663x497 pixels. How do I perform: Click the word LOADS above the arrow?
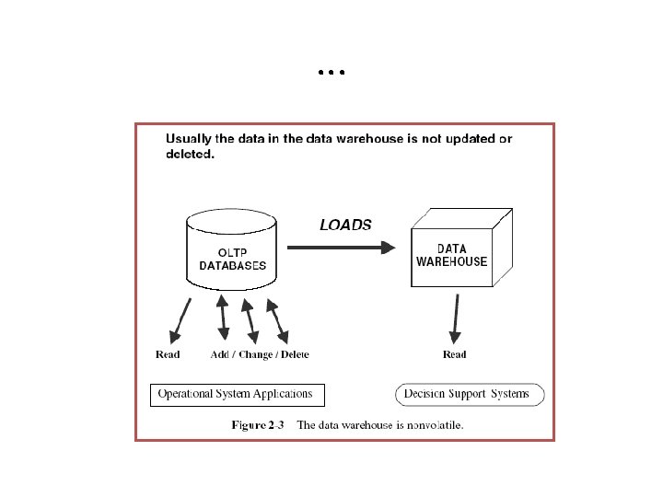[345, 225]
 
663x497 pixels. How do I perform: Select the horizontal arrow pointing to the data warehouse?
[341, 248]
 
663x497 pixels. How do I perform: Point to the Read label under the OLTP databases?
[168, 354]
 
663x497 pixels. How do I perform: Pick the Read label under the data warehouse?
[454, 354]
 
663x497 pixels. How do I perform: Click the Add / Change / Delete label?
[260, 354]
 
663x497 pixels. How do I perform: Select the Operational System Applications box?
[237, 394]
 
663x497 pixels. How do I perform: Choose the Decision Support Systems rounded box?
[470, 394]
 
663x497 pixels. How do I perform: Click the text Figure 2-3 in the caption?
[258, 425]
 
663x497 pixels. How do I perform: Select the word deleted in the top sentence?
[189, 155]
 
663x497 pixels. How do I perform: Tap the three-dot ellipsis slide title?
[331, 71]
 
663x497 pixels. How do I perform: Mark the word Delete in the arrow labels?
[295, 354]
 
